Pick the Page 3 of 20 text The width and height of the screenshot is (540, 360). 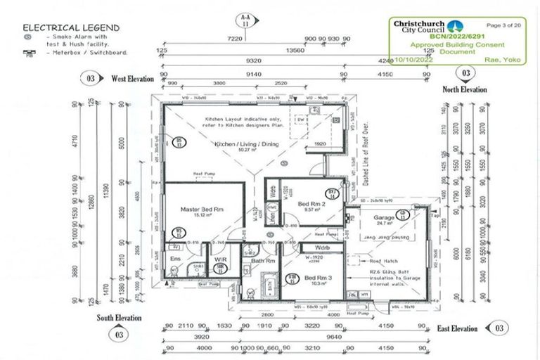point(503,25)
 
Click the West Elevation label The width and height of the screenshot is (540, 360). point(132,79)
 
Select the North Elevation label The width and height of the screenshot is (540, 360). point(464,89)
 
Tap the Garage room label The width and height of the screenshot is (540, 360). point(384,216)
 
